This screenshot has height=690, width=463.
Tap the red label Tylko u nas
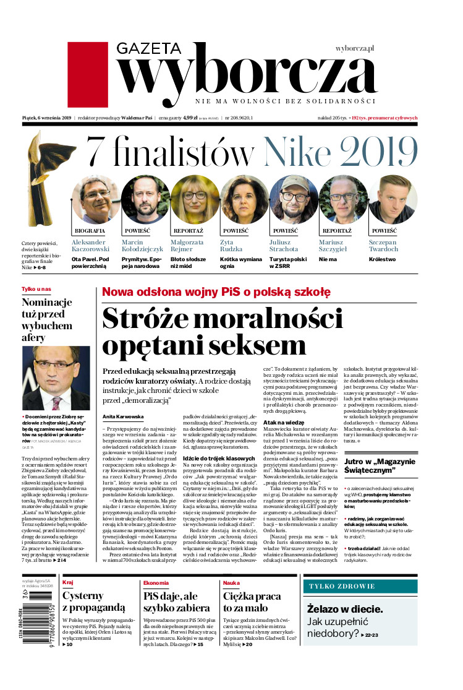[37, 289]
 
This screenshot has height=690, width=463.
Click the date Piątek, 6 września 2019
[47, 117]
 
